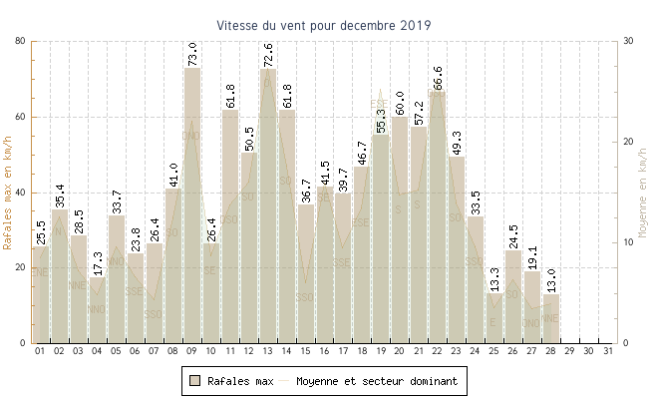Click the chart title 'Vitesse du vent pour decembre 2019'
click(324, 26)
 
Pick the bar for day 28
click(551, 318)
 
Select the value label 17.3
click(98, 261)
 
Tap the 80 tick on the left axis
click(21, 41)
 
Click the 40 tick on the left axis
click(21, 193)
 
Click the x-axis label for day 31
click(608, 351)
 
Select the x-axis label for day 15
click(306, 351)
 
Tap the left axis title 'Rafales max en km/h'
click(9, 193)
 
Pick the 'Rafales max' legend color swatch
click(196, 380)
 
